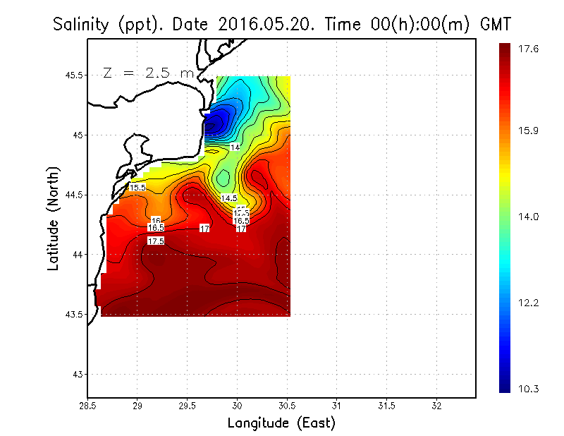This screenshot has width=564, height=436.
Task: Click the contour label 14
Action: click(235, 147)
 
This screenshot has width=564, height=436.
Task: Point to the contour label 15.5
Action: click(137, 188)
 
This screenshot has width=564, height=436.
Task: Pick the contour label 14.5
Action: click(229, 199)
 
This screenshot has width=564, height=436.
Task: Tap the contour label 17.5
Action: click(156, 241)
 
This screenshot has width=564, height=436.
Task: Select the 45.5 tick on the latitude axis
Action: click(73, 75)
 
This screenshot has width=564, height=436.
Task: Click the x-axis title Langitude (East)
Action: click(281, 423)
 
